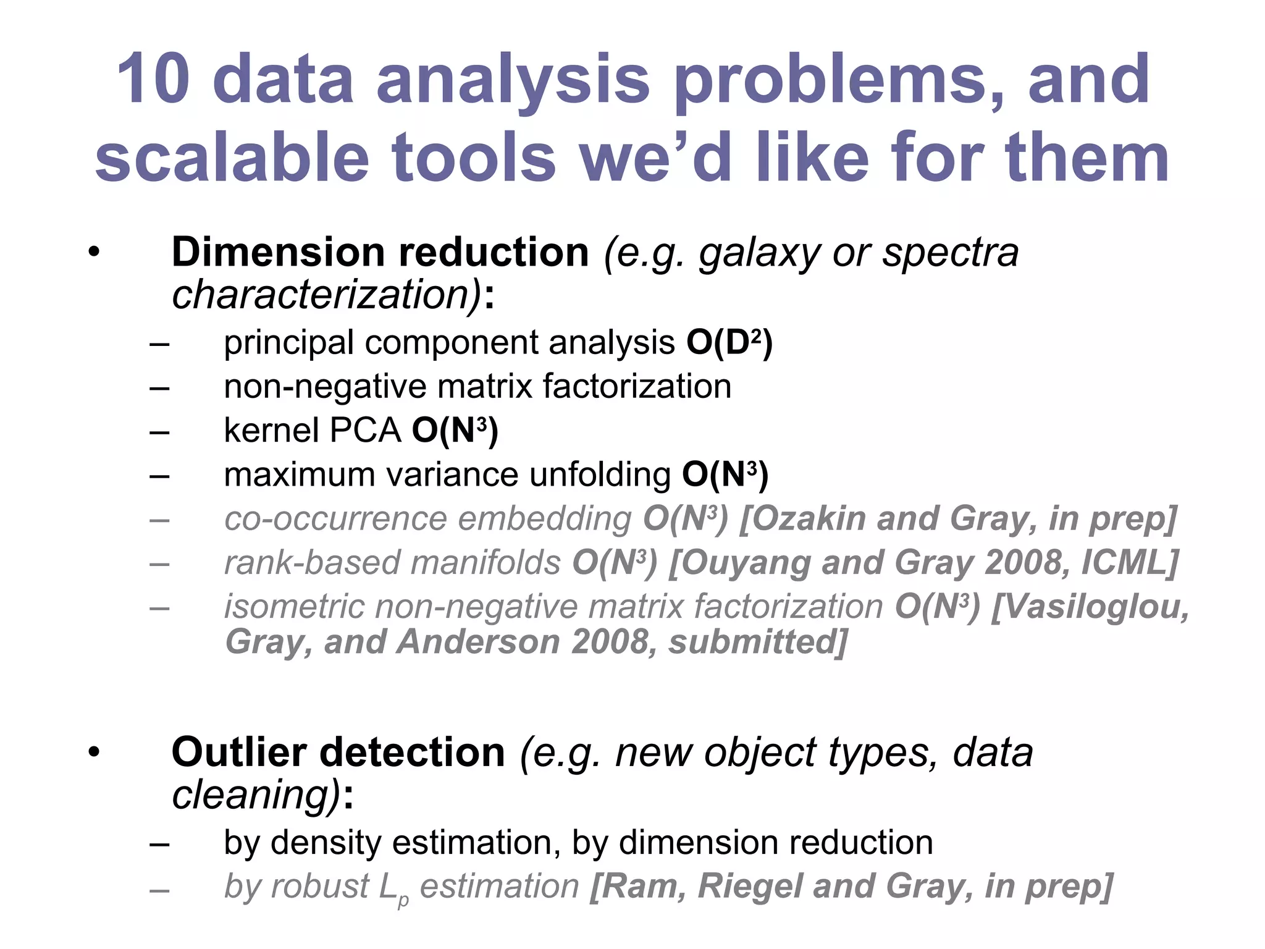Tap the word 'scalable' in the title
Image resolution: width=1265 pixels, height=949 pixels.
pos(232,158)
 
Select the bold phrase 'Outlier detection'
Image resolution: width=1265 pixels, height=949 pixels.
pos(338,753)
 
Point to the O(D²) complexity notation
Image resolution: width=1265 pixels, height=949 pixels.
pos(729,342)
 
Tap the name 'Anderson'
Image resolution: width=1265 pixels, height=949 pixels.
pos(478,642)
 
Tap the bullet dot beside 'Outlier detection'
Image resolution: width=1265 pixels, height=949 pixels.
pos(93,753)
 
